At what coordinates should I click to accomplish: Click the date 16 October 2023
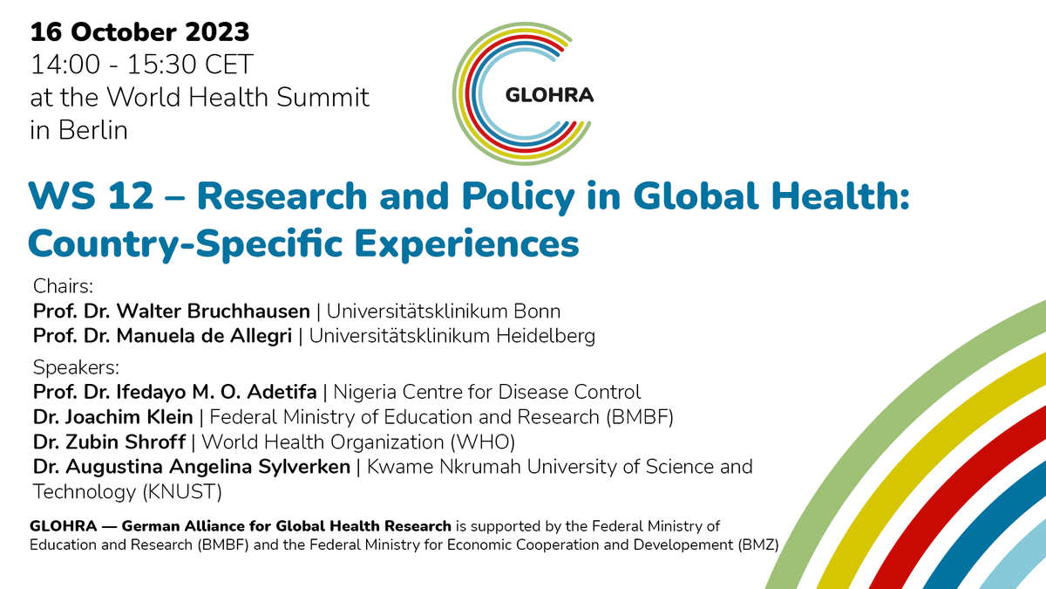click(139, 33)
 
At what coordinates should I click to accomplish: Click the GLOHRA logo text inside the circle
click(549, 95)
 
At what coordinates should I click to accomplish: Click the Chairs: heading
click(62, 286)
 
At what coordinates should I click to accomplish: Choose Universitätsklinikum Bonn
click(444, 311)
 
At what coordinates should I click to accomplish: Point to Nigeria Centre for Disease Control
click(487, 391)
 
